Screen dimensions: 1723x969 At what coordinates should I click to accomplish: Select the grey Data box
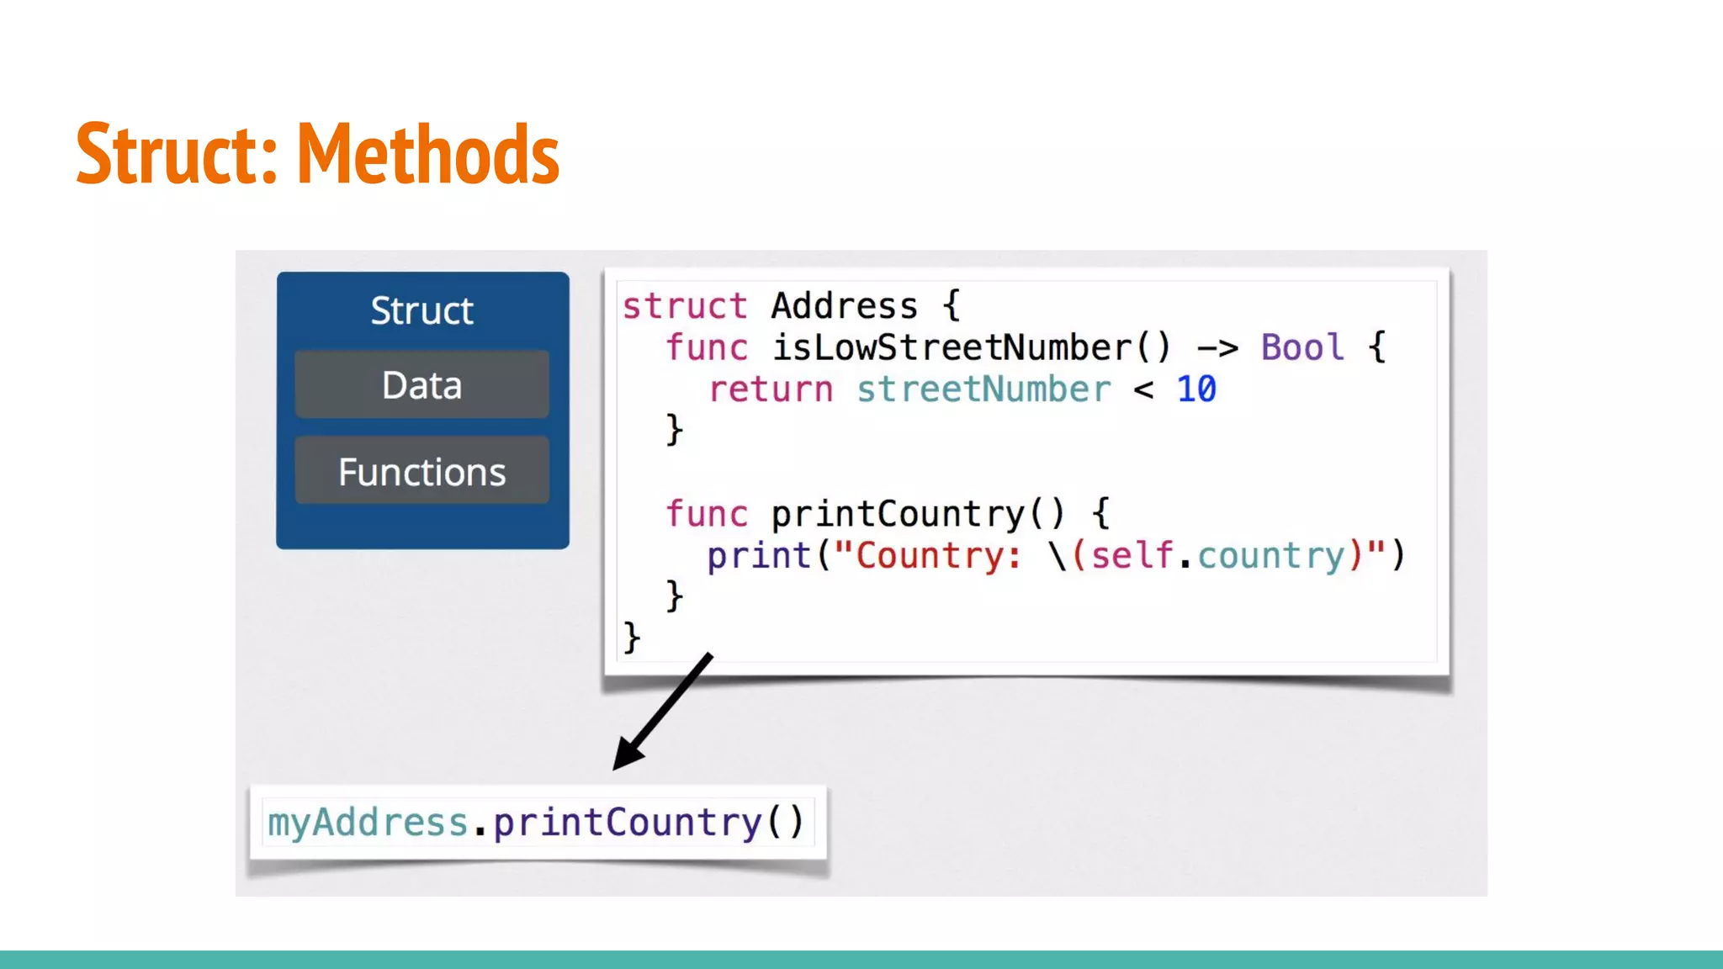pos(421,385)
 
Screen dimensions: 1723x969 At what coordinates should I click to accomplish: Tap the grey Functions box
pos(421,471)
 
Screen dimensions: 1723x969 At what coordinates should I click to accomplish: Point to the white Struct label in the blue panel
pos(421,310)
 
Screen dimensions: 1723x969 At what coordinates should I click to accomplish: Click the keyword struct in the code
pos(685,306)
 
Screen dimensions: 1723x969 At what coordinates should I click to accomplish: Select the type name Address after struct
pos(844,306)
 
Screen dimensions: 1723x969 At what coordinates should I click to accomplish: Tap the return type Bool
pos(1302,347)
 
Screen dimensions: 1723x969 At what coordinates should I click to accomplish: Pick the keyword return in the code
pos(771,389)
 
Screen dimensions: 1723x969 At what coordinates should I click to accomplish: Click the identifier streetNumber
pos(983,389)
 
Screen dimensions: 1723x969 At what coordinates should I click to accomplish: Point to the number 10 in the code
pos(1196,389)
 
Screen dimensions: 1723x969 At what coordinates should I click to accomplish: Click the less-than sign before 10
pos(1143,389)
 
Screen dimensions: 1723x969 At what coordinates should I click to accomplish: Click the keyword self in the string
pos(1132,556)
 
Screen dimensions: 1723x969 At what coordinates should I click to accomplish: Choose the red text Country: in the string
pos(939,556)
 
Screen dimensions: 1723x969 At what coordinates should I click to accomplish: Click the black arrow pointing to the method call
pos(662,712)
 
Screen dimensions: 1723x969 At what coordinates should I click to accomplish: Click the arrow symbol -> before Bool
pos(1217,347)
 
